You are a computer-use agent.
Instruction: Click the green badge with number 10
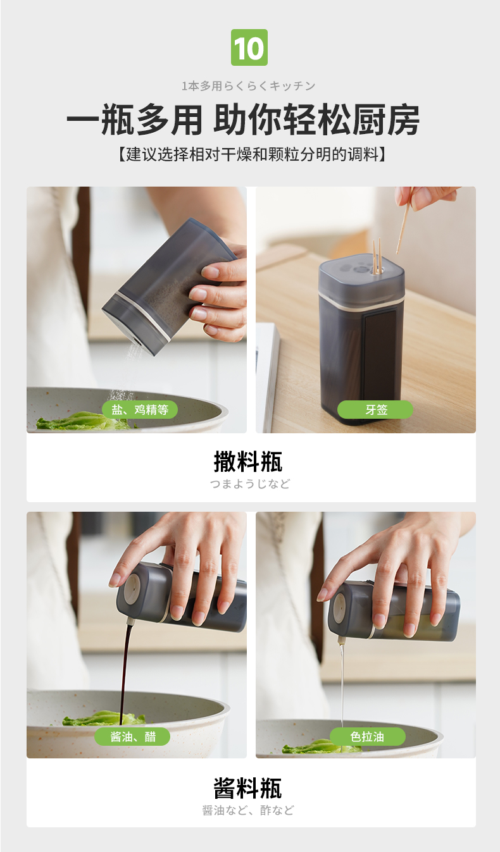pos(249,47)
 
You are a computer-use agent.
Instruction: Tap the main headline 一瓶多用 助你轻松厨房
pos(244,119)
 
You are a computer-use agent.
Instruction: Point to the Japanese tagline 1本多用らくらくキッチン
pos(249,86)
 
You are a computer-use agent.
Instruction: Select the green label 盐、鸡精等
pos(140,410)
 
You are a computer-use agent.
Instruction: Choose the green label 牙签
pos(375,410)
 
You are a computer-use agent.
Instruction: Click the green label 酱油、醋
pos(132,736)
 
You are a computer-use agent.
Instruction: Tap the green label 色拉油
pos(368,736)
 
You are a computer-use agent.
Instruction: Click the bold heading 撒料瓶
pos(248,461)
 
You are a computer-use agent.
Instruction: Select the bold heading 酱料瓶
pos(247,788)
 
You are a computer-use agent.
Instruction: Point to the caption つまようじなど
pos(250,484)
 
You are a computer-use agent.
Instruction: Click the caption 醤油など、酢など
pos(248,810)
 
